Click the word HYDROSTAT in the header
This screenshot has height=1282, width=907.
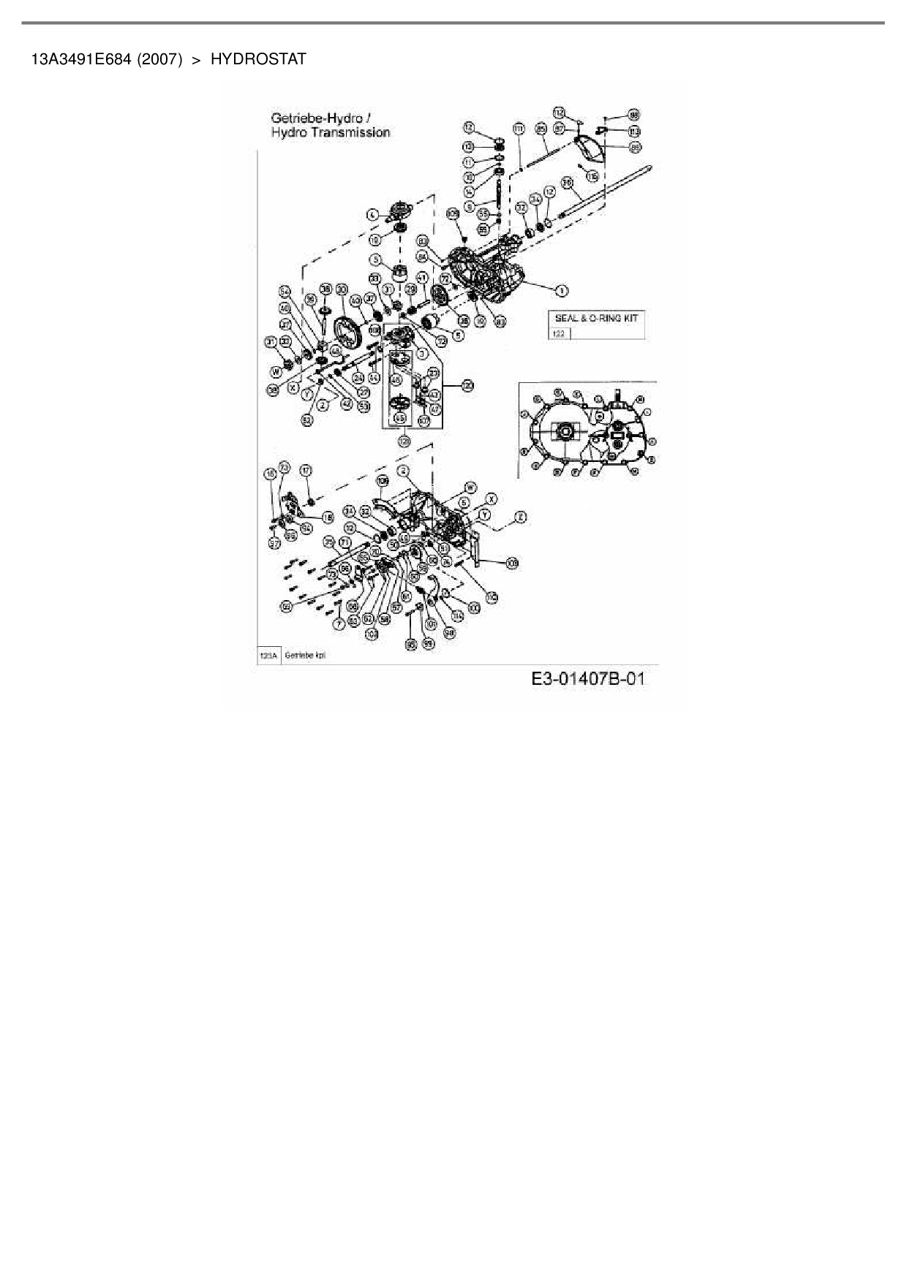[258, 59]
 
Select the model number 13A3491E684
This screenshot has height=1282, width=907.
[80, 59]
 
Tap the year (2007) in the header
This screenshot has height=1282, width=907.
[159, 59]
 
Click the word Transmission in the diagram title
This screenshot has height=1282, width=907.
[350, 132]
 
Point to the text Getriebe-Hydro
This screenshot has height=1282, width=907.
[317, 118]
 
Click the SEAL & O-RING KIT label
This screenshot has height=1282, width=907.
[596, 319]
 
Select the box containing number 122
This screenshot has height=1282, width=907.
[559, 333]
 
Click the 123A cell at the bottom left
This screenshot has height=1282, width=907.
[267, 656]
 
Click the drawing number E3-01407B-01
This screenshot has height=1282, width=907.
[588, 679]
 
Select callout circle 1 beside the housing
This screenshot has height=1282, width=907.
[562, 291]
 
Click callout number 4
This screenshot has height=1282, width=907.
[372, 215]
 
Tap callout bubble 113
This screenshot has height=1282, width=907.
[634, 132]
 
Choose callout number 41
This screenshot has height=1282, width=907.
[421, 277]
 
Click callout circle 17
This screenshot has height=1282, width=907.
[306, 471]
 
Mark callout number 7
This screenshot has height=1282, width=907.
[338, 623]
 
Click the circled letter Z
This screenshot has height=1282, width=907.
[520, 517]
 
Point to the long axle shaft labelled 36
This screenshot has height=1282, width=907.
[607, 191]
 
